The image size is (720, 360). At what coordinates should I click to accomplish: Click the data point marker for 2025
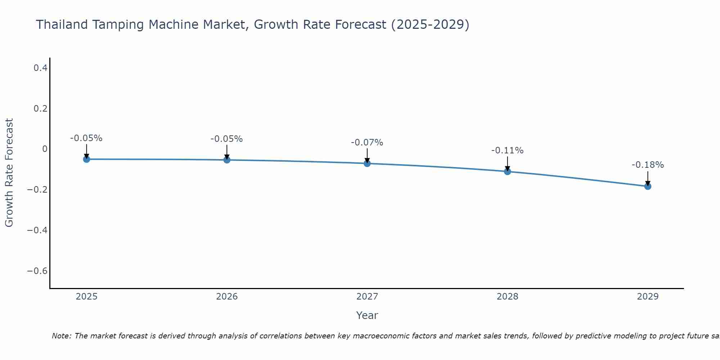[x=86, y=159]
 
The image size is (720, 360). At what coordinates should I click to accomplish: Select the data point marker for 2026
[x=227, y=160]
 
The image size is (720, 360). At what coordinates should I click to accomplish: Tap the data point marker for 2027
[x=367, y=163]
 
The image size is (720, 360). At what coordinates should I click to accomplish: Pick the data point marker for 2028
[x=508, y=171]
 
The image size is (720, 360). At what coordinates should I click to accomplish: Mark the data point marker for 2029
[x=648, y=186]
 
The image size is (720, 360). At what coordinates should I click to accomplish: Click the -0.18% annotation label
[x=648, y=165]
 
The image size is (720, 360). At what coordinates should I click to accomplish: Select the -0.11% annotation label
[x=507, y=150]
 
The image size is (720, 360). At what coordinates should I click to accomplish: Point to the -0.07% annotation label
[x=367, y=143]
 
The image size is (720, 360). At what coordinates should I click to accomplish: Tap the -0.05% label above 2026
[x=226, y=139]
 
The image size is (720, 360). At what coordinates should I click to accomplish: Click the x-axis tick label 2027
[x=367, y=297]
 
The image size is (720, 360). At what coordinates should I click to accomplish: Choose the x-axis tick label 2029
[x=648, y=297]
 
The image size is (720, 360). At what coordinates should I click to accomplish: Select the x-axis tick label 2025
[x=87, y=297]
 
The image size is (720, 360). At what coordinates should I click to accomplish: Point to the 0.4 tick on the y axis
[x=41, y=68]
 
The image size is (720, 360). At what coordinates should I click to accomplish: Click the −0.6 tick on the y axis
[x=37, y=271]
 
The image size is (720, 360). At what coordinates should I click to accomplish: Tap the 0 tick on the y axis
[x=45, y=149]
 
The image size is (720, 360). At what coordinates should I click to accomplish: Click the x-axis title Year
[x=367, y=315]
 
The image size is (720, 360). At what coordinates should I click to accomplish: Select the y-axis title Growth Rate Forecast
[x=9, y=173]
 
